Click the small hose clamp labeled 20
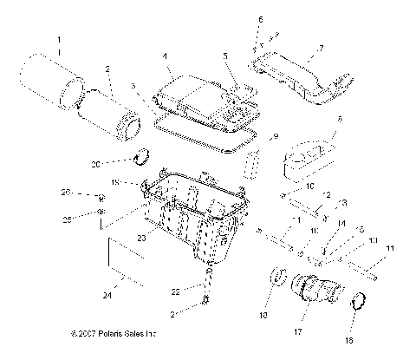144,159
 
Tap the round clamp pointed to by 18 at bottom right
359,304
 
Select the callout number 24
107,296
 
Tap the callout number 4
164,57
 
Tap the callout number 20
120,163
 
